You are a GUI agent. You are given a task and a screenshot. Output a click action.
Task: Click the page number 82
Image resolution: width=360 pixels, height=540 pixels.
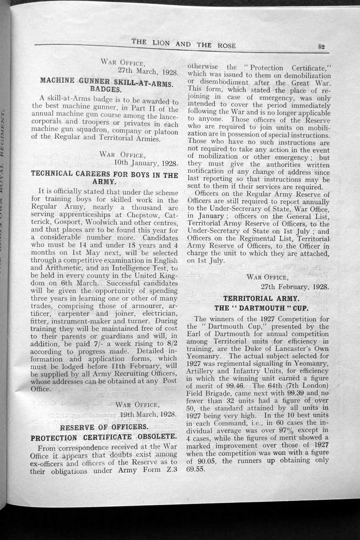coord(321,47)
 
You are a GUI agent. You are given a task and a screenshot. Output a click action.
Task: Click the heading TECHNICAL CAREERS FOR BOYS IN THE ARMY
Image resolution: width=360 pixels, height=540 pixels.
coord(105,178)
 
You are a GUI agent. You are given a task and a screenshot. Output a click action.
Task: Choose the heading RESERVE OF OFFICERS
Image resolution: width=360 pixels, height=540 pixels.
coord(105,427)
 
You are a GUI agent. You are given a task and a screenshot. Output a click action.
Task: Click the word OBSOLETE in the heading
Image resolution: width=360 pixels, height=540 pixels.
coord(157,438)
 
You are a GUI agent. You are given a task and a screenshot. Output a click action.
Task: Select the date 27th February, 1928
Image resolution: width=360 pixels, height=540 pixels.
coord(295,287)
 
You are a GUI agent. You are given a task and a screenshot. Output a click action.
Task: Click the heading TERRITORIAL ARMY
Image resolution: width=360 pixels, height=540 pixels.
coord(261,298)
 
